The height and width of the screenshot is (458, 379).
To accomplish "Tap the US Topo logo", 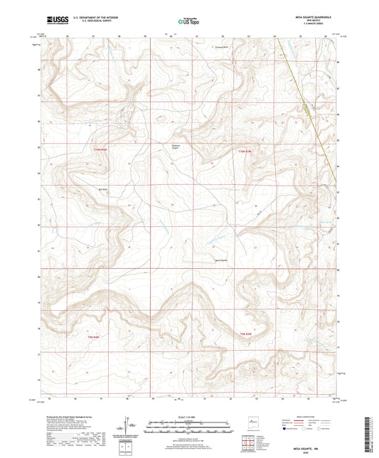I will tap(188, 21).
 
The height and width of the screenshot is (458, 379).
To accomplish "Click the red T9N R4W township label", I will tap(94, 336).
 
